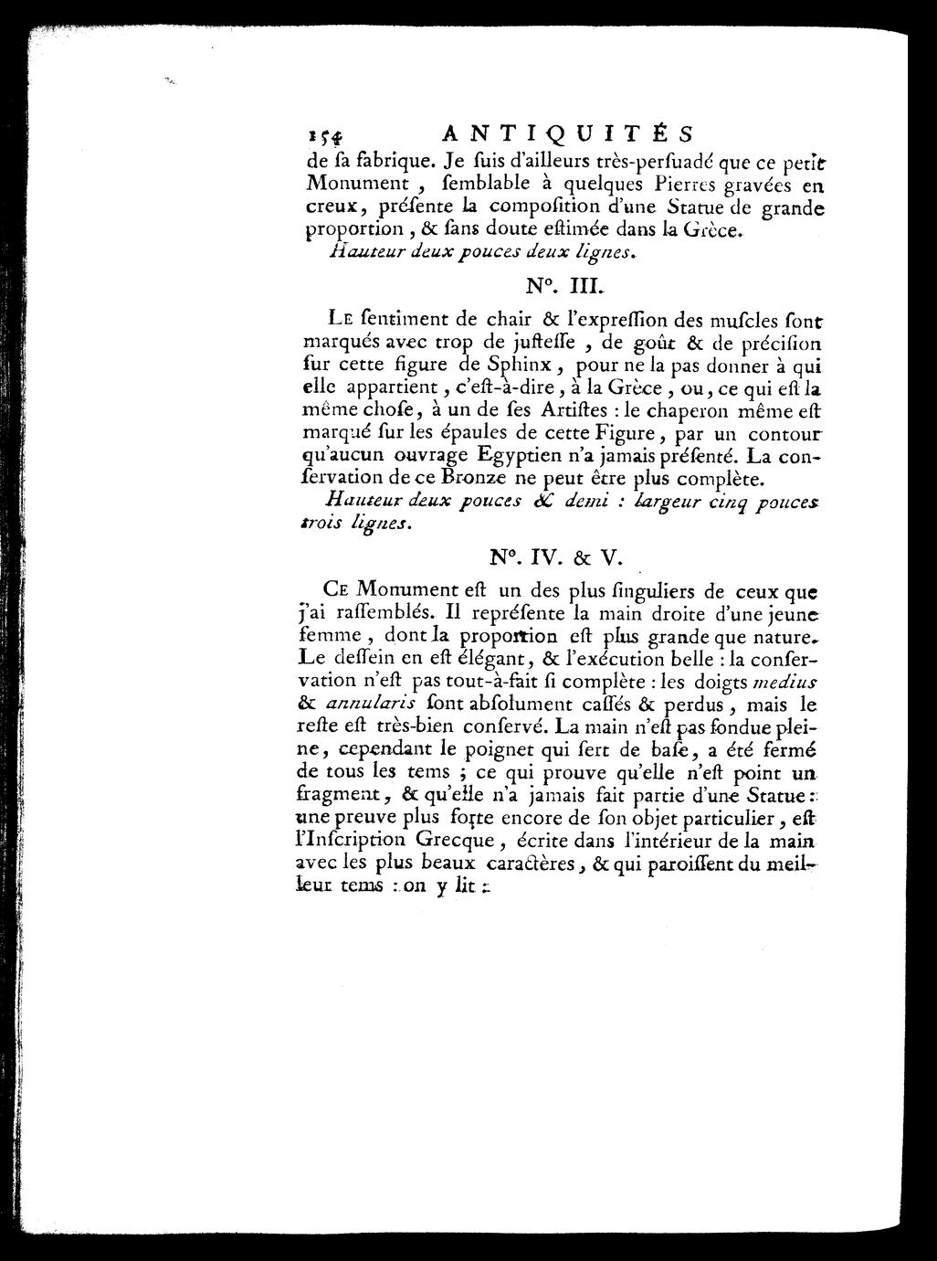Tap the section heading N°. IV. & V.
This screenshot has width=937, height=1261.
click(560, 555)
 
